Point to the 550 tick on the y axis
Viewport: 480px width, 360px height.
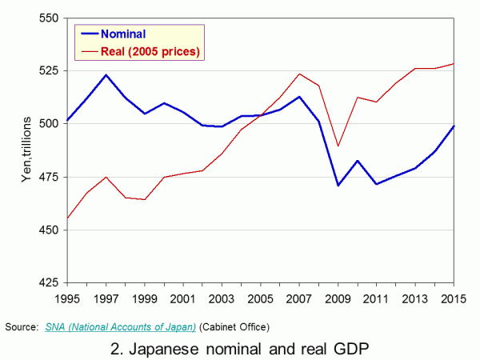[x=50, y=17]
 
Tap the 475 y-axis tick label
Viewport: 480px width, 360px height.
[x=50, y=177]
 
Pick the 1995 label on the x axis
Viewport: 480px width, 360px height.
[x=67, y=300]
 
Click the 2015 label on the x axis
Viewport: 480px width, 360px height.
[x=454, y=300]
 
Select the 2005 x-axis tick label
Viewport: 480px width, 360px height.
[x=260, y=300]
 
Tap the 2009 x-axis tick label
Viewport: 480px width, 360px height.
[x=338, y=300]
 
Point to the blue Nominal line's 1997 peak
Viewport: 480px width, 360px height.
[x=106, y=75]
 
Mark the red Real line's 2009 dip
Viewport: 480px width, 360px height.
[x=338, y=146]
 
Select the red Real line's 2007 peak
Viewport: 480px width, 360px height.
[x=299, y=74]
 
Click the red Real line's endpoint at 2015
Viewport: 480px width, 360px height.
[x=454, y=63]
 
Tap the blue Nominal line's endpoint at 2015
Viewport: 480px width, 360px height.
[x=454, y=126]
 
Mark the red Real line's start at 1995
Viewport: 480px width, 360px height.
[x=67, y=218]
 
